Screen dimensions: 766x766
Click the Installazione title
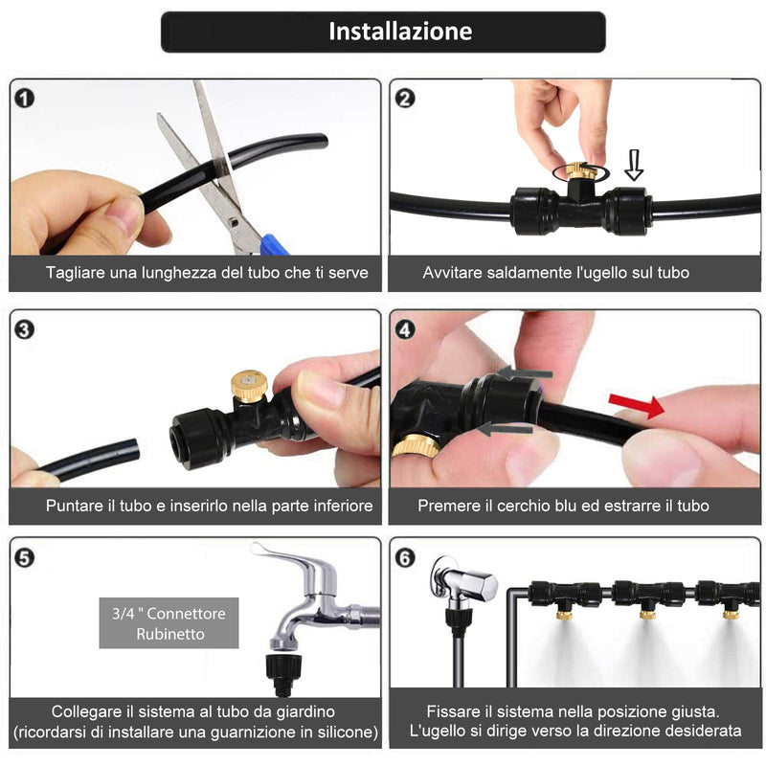(x=400, y=32)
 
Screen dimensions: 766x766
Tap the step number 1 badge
(x=25, y=99)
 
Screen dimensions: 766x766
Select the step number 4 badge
(x=405, y=330)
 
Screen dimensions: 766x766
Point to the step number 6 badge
(x=405, y=558)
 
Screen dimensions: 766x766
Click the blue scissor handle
(x=274, y=245)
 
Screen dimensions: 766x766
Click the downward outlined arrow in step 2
(x=634, y=165)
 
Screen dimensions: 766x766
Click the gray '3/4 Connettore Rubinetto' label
(x=169, y=623)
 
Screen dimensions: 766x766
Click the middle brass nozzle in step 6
(x=647, y=613)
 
